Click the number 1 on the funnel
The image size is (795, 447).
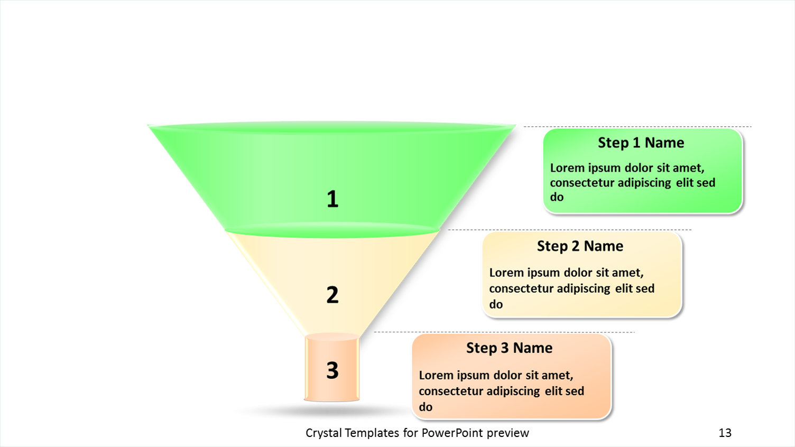332,199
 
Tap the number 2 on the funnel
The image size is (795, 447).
332,295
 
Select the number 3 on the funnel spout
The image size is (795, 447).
332,370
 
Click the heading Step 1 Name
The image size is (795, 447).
641,143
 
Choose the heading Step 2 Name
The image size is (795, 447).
580,246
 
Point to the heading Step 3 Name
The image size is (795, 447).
509,348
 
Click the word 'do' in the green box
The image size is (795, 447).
557,197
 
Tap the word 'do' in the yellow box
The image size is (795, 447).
496,304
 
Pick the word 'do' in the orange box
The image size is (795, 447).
426,407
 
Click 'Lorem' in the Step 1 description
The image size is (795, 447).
567,168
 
